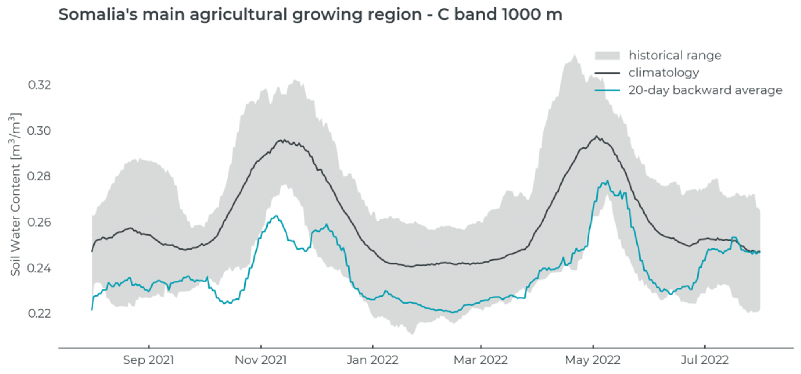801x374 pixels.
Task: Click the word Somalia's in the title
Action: (98, 15)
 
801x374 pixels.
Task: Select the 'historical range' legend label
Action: (675, 56)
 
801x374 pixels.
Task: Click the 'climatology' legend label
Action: (664, 73)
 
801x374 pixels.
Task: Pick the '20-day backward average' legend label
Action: (705, 90)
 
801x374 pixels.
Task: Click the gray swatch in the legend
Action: (607, 56)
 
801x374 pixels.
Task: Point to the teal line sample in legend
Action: (607, 90)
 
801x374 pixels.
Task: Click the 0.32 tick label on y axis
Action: (40, 85)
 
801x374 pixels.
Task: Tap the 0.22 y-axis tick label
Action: (40, 314)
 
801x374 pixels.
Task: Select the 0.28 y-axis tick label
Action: (40, 176)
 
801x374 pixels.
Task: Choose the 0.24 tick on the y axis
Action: (40, 268)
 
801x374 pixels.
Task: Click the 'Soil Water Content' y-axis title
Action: (15, 194)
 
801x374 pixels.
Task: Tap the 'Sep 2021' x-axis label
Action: (149, 360)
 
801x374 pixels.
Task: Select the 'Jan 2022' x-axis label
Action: (372, 360)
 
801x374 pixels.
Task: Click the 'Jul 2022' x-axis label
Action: (704, 360)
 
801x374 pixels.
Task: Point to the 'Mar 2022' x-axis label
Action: (481, 360)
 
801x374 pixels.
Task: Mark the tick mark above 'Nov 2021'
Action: (261, 347)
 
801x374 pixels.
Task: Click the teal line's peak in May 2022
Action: (607, 181)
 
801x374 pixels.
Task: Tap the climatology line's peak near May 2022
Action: (596, 137)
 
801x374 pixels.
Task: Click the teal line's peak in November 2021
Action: (277, 216)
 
